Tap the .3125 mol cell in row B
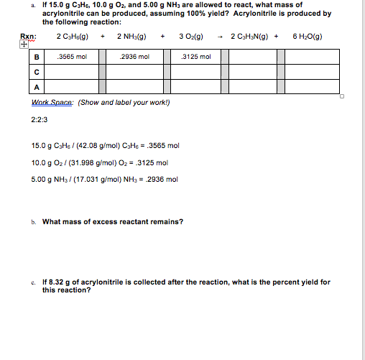point(197,57)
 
